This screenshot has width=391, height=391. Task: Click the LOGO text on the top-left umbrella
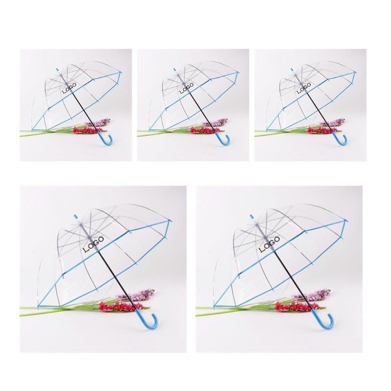(69, 88)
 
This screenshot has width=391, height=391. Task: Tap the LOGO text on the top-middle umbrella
(187, 88)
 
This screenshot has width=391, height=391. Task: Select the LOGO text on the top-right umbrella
(304, 88)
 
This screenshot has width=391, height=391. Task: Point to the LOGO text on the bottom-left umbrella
(93, 244)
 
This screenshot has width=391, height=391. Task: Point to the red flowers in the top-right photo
(320, 130)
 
